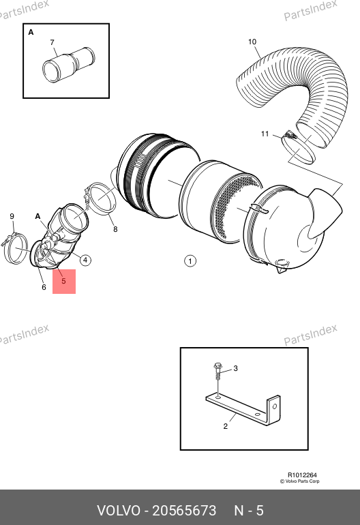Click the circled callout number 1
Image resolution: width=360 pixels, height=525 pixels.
190,261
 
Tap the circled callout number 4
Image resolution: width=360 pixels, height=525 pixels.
85,260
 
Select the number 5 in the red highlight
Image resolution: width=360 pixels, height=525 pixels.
63,281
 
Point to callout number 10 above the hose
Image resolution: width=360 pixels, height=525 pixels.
252,42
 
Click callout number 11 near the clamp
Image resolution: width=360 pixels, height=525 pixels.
265,134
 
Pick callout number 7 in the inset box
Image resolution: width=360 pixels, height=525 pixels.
52,42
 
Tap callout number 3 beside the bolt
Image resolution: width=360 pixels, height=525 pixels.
235,368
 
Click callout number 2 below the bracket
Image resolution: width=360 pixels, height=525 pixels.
226,426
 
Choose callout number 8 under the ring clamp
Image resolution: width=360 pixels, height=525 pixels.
115,229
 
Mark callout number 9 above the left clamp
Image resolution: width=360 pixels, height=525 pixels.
12,216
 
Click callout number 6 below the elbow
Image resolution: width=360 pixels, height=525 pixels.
44,287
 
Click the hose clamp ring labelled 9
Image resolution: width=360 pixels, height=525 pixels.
16,249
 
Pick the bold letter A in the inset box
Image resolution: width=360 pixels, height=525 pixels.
31,33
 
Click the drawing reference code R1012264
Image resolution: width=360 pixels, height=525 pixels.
302,475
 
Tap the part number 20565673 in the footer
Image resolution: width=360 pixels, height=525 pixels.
184,511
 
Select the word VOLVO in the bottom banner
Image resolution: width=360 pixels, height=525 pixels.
119,511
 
